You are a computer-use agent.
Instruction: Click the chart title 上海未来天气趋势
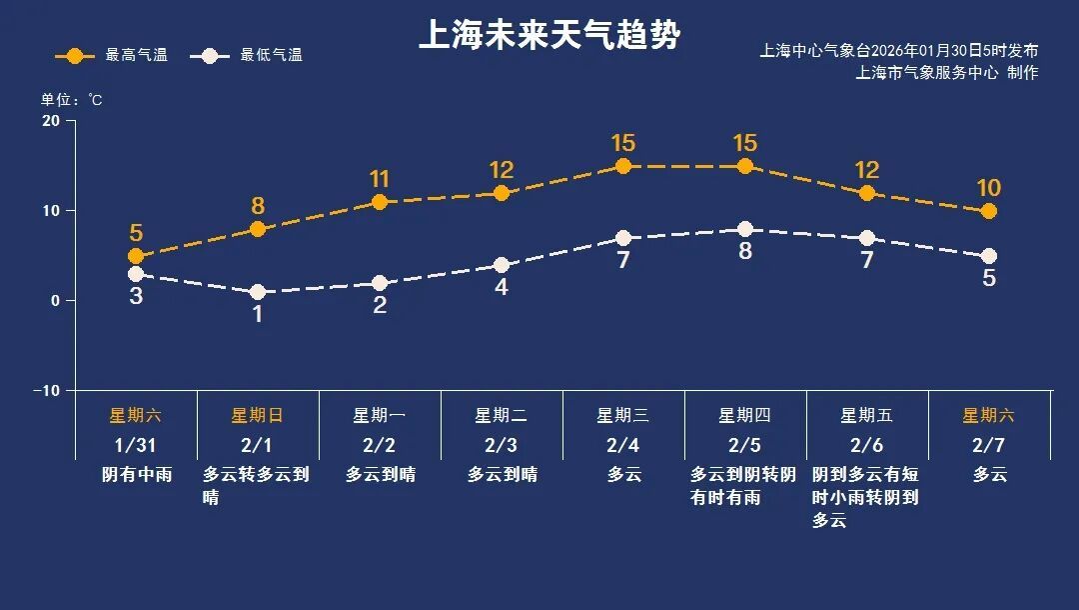pos(548,36)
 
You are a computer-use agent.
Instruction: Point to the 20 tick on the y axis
pos(51,121)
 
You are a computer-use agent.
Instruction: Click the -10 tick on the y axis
pos(47,390)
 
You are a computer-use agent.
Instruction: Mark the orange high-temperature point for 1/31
pos(136,257)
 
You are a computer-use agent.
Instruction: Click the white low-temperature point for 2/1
pos(258,292)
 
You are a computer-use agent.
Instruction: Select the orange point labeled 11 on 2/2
pos(380,202)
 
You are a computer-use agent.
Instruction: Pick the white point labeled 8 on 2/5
pos(744,229)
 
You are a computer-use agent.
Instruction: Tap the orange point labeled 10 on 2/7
pos(988,211)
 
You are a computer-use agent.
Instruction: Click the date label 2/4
pos(622,445)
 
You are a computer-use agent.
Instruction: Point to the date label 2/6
pos(866,445)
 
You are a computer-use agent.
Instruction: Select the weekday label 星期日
pos(258,415)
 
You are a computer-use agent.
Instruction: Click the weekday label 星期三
pos(622,415)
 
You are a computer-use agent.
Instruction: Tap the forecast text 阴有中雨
pos(137,474)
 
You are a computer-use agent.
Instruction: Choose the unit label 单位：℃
pos(71,99)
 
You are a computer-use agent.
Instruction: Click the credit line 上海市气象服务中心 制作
pos(947,72)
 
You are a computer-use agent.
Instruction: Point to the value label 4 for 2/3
pos(502,287)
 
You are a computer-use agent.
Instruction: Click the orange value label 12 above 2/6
pos(866,170)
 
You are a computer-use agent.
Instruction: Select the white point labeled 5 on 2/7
pos(988,256)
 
